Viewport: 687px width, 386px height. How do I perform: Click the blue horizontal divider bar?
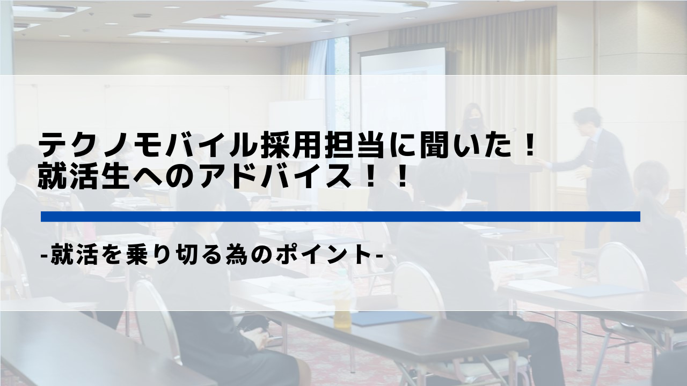340,216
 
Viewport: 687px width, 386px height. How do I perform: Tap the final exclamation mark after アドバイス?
401,176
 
